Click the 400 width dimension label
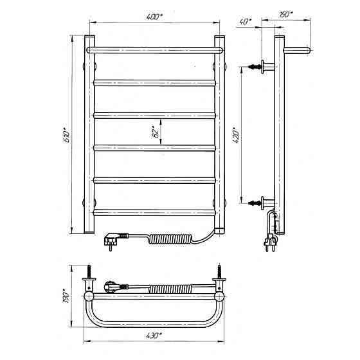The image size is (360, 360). [154, 17]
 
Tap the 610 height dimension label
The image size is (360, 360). [67, 135]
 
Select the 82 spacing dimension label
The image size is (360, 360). [156, 132]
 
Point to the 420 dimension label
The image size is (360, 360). [237, 136]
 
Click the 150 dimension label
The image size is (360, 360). [286, 14]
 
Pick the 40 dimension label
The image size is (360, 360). [246, 22]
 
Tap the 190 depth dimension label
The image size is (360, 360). [67, 296]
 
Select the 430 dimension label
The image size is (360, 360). [154, 336]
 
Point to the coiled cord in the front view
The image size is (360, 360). [170, 239]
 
